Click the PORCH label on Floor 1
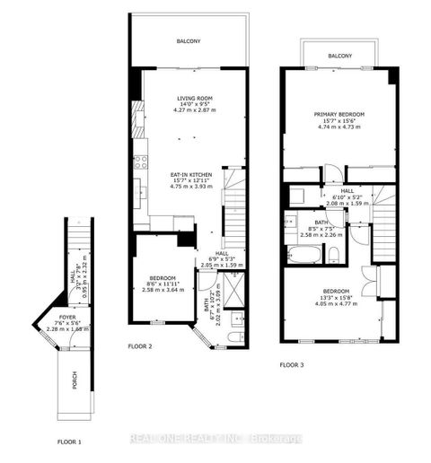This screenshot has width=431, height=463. (x=75, y=380)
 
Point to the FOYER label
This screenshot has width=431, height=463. (x=67, y=318)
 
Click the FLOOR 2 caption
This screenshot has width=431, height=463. (x=140, y=345)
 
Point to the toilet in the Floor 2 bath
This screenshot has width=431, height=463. (x=232, y=336)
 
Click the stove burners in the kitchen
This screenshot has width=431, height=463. (x=140, y=162)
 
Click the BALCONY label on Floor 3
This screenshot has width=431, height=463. (x=339, y=56)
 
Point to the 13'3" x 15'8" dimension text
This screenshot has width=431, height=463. (x=338, y=299)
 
